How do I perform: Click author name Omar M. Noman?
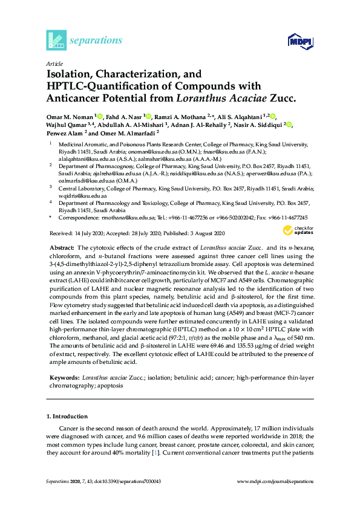tap(69, 115)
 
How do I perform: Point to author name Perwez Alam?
tap(65, 134)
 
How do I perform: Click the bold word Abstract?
tap(60, 248)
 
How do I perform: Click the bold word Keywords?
tap(62, 377)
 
